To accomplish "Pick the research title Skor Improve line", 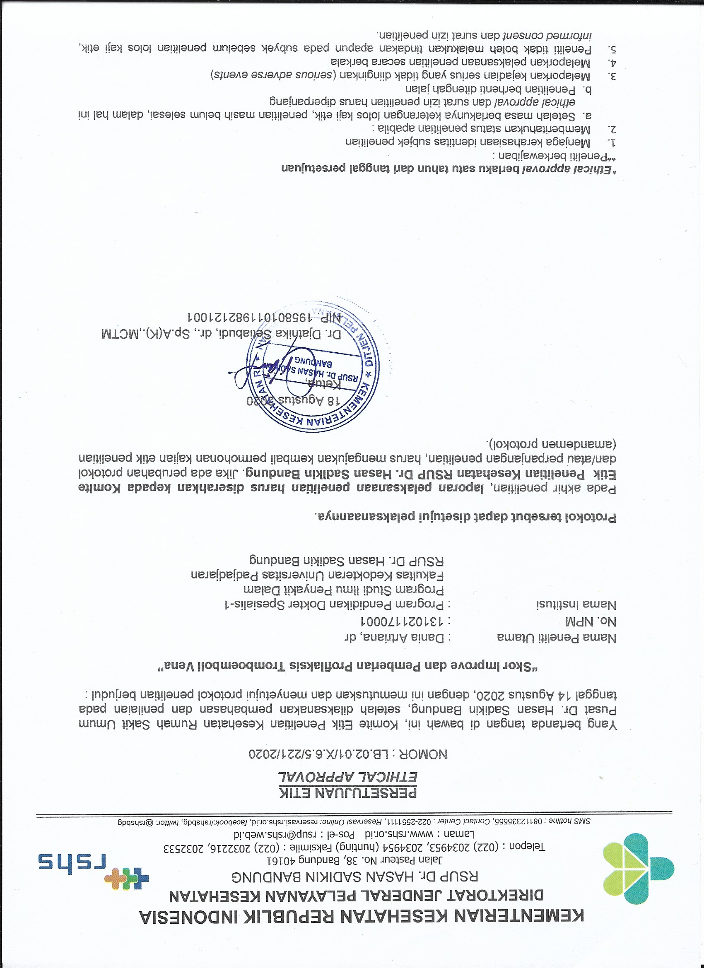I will (x=347, y=666).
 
